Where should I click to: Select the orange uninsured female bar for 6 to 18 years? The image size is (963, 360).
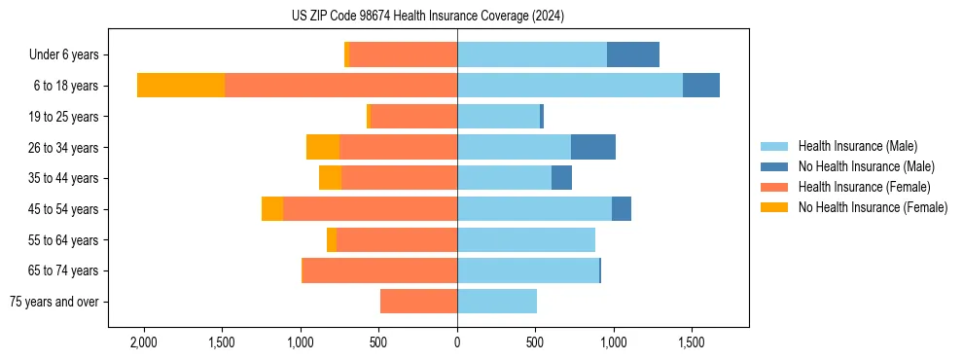pyautogui.click(x=181, y=86)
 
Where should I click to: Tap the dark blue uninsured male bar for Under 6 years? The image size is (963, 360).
pyautogui.click(x=633, y=55)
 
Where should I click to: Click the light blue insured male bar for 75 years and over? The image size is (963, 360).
pyautogui.click(x=497, y=302)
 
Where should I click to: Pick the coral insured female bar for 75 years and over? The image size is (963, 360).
pyautogui.click(x=418, y=302)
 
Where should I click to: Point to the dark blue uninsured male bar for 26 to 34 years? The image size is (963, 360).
pyautogui.click(x=593, y=147)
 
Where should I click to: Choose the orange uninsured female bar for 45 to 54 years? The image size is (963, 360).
pyautogui.click(x=272, y=209)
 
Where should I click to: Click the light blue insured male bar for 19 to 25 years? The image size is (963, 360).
pyautogui.click(x=498, y=117)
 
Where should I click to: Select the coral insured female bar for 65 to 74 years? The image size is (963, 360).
pyautogui.click(x=380, y=270)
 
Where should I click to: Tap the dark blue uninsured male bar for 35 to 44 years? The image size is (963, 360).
pyautogui.click(x=561, y=178)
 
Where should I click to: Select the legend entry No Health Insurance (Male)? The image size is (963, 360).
pyautogui.click(x=866, y=166)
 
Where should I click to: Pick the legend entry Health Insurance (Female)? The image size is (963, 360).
pyautogui.click(x=864, y=187)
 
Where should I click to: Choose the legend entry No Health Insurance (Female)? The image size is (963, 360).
pyautogui.click(x=873, y=207)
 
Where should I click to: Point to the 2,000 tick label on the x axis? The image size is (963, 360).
pyautogui.click(x=143, y=343)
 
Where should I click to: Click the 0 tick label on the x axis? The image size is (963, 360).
pyautogui.click(x=457, y=343)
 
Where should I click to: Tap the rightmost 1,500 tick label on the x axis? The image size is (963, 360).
pyautogui.click(x=692, y=343)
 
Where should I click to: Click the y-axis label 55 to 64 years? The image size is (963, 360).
pyautogui.click(x=64, y=240)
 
